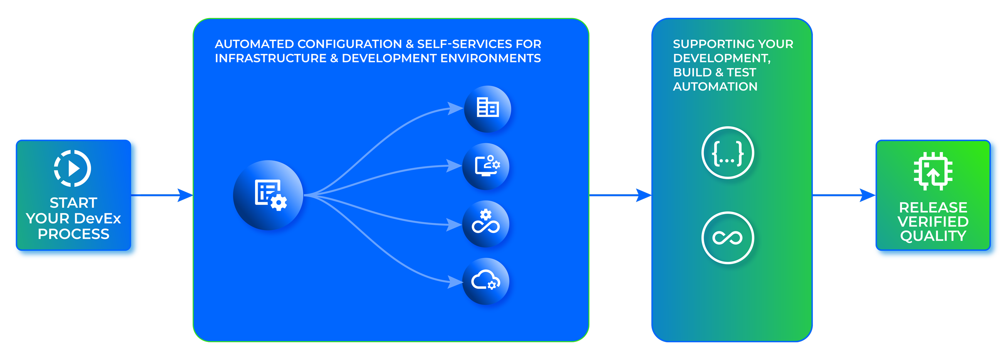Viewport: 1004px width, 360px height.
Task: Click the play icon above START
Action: click(72, 168)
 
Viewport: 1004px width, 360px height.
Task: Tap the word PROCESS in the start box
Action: click(73, 234)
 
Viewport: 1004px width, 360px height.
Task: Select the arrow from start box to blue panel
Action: click(164, 195)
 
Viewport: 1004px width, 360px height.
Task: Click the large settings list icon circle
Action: click(268, 195)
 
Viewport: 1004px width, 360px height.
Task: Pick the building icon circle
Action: click(487, 109)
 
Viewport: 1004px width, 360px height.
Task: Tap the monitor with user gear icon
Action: click(486, 166)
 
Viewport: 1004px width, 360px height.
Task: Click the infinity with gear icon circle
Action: click(486, 224)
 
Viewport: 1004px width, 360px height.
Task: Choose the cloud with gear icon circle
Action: click(486, 281)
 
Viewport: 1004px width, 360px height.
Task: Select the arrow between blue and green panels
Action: click(620, 195)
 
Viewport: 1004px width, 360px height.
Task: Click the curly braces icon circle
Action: click(727, 153)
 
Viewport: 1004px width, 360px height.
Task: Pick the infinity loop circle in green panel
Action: click(727, 238)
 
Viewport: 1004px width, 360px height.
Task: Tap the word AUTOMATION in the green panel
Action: click(715, 87)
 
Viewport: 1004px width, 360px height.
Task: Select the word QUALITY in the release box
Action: click(933, 236)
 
